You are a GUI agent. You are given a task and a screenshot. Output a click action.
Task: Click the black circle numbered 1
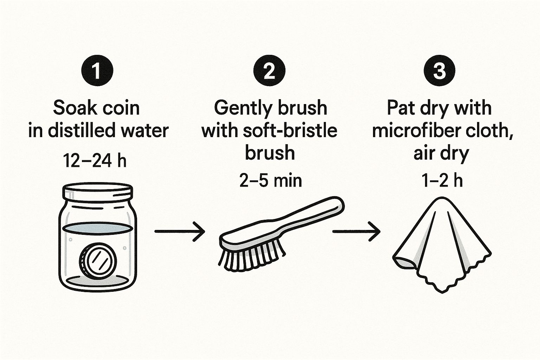click(x=97, y=71)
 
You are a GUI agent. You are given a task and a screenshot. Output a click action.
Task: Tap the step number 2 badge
click(x=269, y=71)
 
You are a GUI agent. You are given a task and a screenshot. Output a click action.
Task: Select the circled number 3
click(x=439, y=71)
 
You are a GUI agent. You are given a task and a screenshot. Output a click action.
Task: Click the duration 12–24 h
click(x=95, y=161)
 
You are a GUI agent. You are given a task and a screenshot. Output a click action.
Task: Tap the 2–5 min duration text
click(x=270, y=181)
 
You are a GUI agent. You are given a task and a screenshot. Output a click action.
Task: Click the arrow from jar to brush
click(x=180, y=231)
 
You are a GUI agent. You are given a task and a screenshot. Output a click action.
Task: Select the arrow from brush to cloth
click(x=356, y=231)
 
